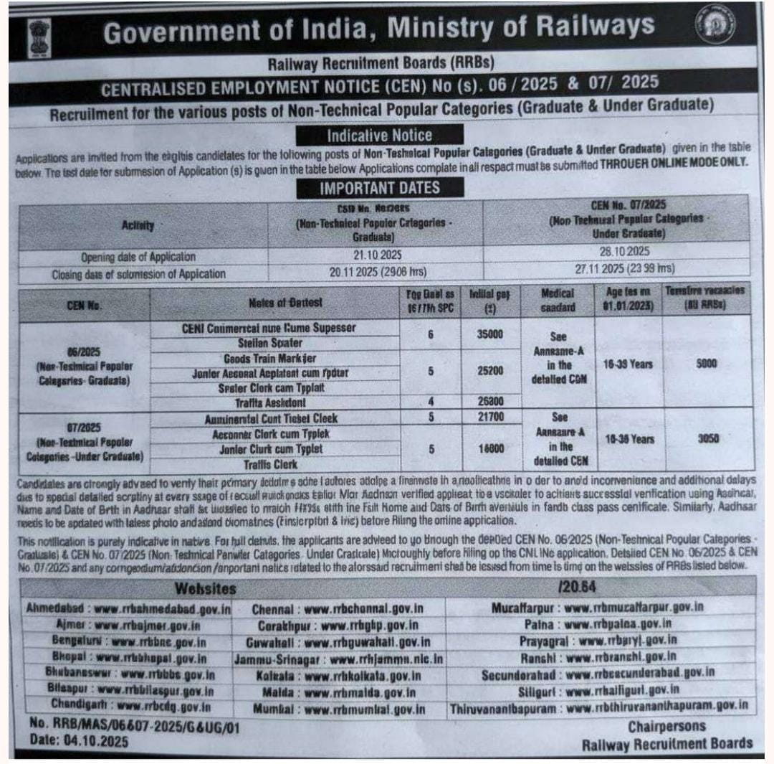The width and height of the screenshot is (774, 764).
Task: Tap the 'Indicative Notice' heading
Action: (380, 135)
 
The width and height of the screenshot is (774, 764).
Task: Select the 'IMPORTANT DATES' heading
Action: (380, 188)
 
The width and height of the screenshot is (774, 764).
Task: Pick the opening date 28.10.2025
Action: (616, 253)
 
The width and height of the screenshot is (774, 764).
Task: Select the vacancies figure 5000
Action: (707, 364)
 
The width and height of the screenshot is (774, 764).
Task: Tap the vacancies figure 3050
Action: (707, 438)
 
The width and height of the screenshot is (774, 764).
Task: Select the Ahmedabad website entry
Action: (128, 608)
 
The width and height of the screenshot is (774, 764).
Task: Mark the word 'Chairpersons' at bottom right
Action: (666, 726)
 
